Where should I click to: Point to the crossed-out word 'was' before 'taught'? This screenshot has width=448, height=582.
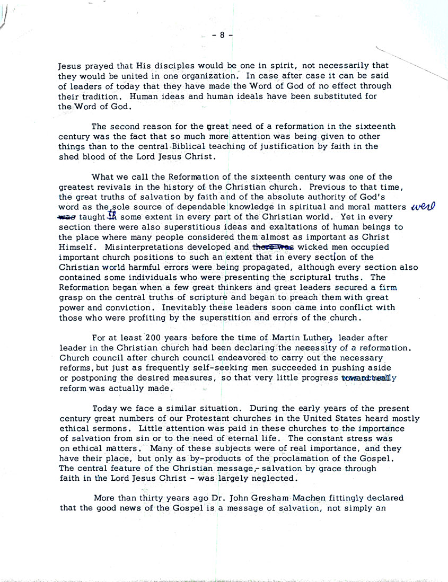(67, 217)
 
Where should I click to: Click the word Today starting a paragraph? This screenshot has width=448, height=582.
(105, 408)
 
